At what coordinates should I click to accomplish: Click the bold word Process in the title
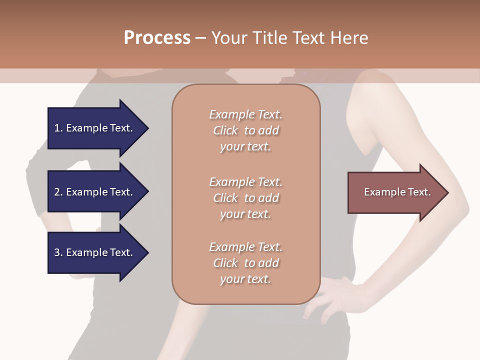coord(157,38)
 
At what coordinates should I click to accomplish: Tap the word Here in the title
coord(349,38)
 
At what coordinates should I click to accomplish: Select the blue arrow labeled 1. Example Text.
coord(95,128)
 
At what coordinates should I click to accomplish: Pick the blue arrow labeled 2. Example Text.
coord(95,192)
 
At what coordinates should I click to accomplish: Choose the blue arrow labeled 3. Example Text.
coord(95,252)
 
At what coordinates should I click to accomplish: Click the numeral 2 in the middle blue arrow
coord(57,192)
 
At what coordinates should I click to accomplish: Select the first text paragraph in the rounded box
coord(245,130)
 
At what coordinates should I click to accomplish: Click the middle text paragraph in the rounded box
coord(245,198)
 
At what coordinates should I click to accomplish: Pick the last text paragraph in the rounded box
coord(245,263)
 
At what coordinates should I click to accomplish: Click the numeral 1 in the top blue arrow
coord(57,128)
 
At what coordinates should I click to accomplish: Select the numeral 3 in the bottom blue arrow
coord(57,252)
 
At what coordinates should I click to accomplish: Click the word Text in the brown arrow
coord(418,192)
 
